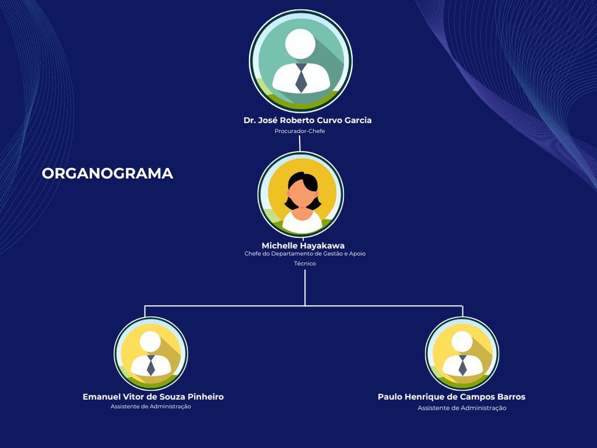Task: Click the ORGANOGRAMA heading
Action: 107,174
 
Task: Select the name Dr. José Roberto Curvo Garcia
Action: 307,120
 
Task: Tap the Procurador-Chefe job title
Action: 300,131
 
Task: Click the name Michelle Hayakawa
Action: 303,246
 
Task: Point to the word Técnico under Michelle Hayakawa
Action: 305,263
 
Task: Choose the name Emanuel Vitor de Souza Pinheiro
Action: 153,397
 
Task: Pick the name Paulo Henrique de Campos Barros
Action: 451,397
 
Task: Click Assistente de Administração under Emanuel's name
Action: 151,406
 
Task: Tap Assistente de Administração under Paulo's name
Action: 462,408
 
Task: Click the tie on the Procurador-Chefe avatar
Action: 301,78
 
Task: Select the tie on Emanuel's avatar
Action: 151,366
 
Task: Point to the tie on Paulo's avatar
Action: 463,366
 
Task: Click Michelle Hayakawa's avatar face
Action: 302,194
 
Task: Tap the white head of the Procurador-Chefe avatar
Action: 300,44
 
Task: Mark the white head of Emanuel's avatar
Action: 150,341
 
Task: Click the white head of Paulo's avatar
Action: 462,341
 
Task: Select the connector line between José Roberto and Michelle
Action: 300,143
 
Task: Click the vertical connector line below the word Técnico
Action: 305,288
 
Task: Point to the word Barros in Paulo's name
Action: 512,397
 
